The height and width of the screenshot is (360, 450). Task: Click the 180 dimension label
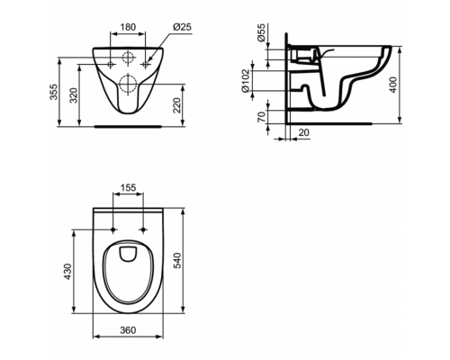pyautogui.click(x=128, y=27)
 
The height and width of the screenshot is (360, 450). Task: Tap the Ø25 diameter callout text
pyautogui.click(x=182, y=27)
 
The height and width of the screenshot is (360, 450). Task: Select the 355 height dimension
pyautogui.click(x=53, y=92)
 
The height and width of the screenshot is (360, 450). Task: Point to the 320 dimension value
pyautogui.click(x=74, y=95)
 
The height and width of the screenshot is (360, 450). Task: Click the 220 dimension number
pyautogui.click(x=177, y=105)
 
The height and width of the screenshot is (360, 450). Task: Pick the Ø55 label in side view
pyautogui.click(x=262, y=32)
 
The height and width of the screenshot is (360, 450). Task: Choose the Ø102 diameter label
pyautogui.click(x=246, y=81)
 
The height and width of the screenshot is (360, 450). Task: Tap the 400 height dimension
pyautogui.click(x=393, y=85)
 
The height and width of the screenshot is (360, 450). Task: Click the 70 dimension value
pyautogui.click(x=262, y=117)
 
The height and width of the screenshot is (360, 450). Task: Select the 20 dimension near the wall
pyautogui.click(x=304, y=132)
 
